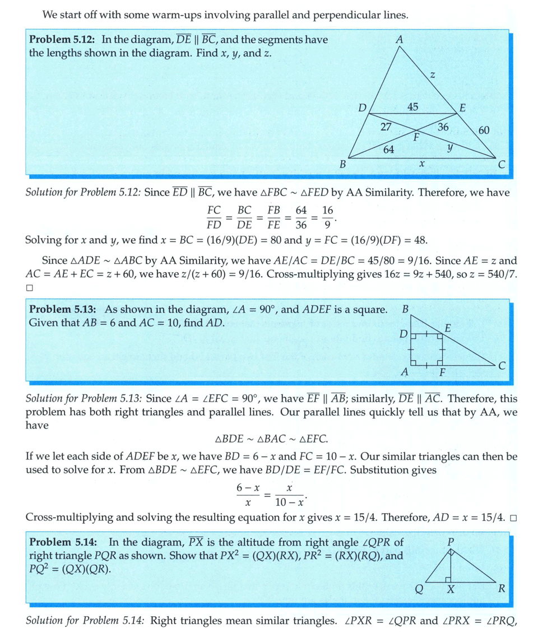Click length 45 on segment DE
pos(412,107)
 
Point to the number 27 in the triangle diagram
pos(386,127)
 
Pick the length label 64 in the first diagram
pos(388,149)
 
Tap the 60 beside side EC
pos(484,131)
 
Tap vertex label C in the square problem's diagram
pos(502,366)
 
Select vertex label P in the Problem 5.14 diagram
pos(451,542)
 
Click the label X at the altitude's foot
pos(451,589)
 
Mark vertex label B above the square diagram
pos(405,309)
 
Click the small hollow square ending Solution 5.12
pos(30,288)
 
